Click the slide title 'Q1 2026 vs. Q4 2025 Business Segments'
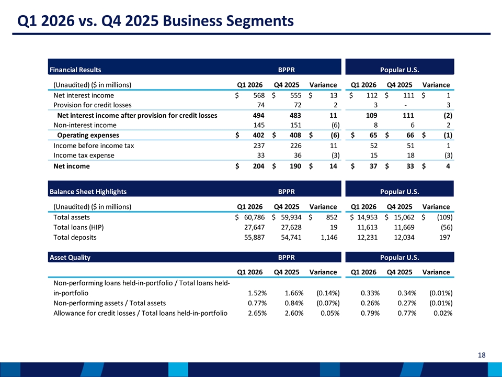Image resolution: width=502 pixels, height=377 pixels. tap(155, 21)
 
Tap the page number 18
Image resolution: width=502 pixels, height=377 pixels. tap(482, 355)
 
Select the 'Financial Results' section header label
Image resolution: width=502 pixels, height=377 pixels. tap(75, 70)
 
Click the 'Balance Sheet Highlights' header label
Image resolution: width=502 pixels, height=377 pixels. tap(88, 192)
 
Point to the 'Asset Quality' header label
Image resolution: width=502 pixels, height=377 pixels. tap(70, 258)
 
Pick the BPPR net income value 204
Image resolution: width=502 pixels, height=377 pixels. tap(259, 166)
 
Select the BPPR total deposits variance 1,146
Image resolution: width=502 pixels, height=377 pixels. tap(329, 238)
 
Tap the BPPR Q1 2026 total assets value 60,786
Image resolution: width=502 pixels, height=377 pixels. tap(255, 217)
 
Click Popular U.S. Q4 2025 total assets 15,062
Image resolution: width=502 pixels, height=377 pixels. tap(404, 217)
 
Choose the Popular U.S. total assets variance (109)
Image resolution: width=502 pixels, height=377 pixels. tap(444, 217)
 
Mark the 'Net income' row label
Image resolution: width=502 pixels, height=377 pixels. tap(72, 166)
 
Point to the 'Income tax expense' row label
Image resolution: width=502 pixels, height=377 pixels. tap(84, 156)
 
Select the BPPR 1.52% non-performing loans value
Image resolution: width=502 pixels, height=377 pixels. tap(257, 293)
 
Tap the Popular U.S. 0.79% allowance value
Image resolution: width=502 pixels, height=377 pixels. tap(370, 313)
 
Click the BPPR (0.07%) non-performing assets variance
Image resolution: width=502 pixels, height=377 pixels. tap(328, 303)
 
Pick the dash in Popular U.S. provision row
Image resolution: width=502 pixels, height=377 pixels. tap(406, 105)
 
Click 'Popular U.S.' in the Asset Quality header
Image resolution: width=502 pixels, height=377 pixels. tap(400, 258)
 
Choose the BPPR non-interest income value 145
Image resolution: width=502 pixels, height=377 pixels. tap(259, 125)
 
